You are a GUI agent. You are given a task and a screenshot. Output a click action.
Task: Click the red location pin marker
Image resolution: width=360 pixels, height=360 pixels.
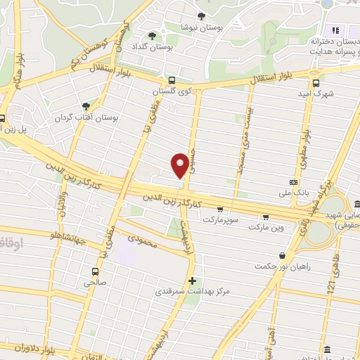180,165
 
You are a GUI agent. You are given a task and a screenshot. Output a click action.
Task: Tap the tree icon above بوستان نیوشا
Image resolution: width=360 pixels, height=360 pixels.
201,16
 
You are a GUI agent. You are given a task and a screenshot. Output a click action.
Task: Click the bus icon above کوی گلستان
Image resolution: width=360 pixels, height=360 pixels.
172,80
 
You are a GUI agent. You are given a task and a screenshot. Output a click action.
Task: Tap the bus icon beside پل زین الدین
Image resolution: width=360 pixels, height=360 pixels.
2,118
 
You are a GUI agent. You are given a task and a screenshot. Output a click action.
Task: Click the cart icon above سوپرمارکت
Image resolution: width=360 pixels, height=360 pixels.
220,209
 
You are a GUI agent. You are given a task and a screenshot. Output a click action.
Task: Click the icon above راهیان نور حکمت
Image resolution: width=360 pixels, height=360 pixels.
282,255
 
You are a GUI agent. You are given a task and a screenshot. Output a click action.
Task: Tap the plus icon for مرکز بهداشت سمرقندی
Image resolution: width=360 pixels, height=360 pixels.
193,280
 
